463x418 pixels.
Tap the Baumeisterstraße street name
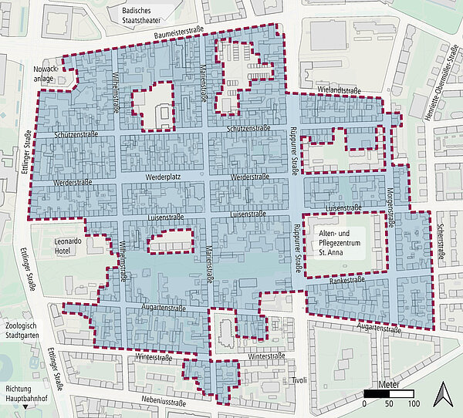182,35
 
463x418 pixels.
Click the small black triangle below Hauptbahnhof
28,406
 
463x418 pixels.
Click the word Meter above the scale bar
390,383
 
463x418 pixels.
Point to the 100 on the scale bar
414,403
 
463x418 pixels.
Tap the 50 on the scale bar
390,403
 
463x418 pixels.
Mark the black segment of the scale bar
377,393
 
